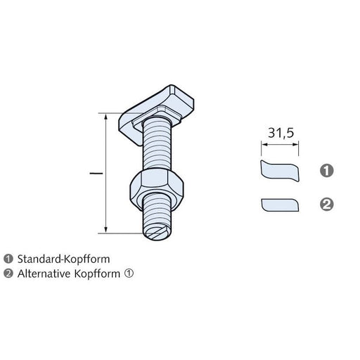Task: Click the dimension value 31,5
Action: coord(280,132)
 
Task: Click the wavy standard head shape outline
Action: coord(279,170)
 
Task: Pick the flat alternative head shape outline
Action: coord(279,205)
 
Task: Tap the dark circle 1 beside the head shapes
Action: coord(326,170)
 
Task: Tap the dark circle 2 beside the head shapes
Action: coord(326,205)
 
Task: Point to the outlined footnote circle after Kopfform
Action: coord(129,274)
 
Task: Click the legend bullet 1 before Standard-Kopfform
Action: coord(8,259)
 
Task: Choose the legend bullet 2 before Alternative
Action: coord(8,274)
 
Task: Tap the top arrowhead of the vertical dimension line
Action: coord(106,116)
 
